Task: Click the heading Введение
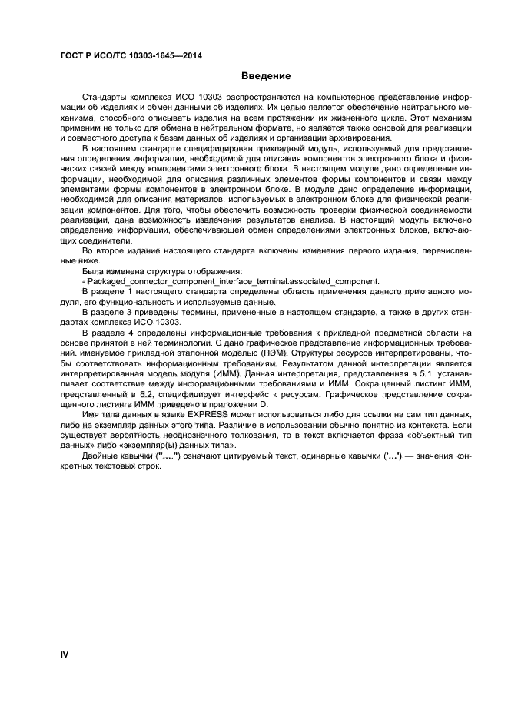(266, 76)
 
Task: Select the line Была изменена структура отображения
(149, 271)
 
